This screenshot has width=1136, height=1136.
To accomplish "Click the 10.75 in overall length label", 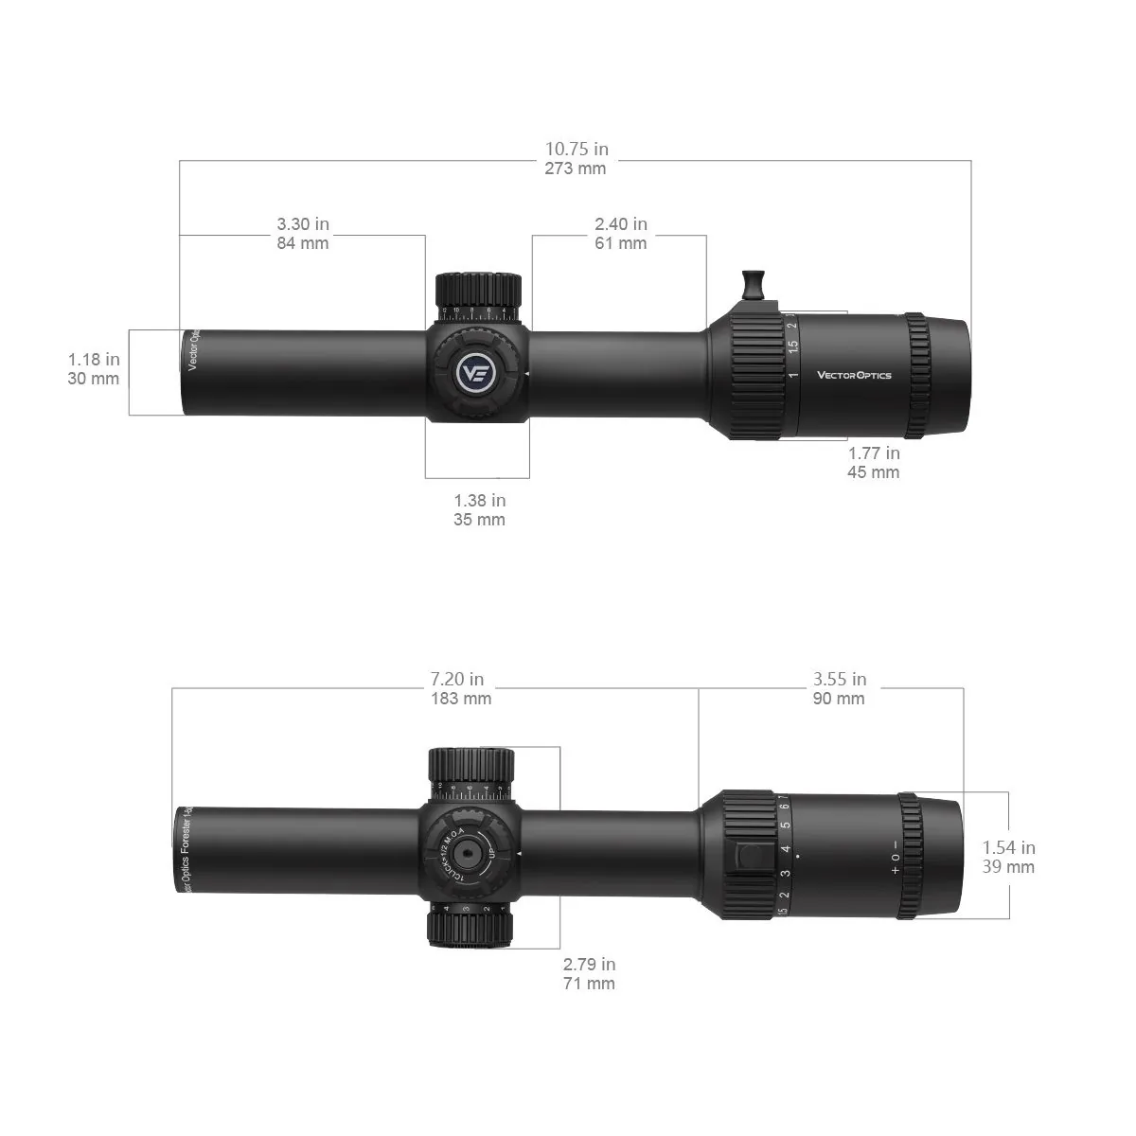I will pos(576,158).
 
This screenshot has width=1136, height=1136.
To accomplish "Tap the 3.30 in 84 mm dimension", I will pos(303,234).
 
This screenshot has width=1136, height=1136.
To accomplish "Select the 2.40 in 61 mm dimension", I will pos(620,234).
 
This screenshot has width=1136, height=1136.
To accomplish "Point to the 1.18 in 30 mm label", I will pos(94,369).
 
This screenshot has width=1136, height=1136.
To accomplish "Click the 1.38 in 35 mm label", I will pos(479,509).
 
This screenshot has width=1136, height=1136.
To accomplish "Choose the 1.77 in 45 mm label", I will pos(873,463).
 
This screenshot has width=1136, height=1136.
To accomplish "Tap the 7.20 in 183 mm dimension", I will pos(461,689).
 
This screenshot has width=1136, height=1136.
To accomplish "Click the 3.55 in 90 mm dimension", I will pos(839,689).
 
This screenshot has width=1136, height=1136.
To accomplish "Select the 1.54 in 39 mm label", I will pos(1008,858).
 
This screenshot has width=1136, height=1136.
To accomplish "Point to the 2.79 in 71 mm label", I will pos(589,974).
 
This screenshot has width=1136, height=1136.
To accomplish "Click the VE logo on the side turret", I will pos(474,371).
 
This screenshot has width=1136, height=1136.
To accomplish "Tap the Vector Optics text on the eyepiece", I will pos(854,375).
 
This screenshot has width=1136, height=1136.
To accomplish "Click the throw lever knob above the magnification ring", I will pos(753,282).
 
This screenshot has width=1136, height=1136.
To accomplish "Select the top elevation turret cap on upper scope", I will pos(478,287).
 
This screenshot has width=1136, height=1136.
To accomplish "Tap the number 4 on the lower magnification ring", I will pos(785,848).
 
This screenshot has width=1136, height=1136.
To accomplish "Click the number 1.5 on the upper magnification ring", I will pos(793,346).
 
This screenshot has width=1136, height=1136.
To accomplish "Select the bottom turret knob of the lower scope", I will pos(470,926).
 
